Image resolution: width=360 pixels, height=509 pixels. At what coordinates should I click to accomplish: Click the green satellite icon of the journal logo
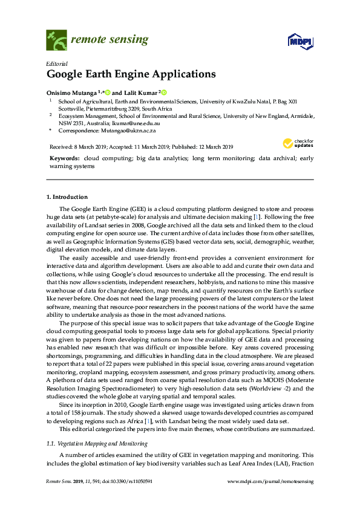tap(56, 40)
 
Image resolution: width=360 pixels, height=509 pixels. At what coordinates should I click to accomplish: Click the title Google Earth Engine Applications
tap(131, 75)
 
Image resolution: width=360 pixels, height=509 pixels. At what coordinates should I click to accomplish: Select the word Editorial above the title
tap(56, 63)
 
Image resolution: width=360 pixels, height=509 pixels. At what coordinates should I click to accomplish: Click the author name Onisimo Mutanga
tap(73, 92)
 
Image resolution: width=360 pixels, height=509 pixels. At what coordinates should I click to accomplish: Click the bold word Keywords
tap(64, 157)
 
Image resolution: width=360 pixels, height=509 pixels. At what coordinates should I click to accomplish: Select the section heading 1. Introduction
tap(67, 197)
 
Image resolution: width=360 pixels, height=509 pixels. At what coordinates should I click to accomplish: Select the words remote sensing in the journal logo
tap(110, 40)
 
